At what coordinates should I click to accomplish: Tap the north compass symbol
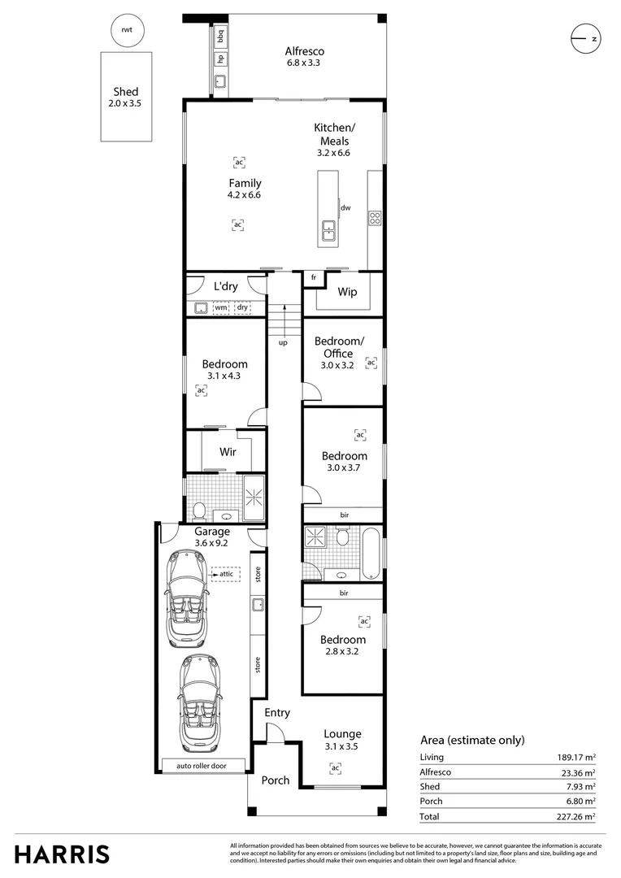pyautogui.click(x=584, y=38)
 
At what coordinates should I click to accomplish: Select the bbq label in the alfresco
pyautogui.click(x=220, y=37)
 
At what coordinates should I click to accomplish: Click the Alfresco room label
pyautogui.click(x=303, y=50)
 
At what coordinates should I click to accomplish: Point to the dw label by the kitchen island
pyautogui.click(x=345, y=208)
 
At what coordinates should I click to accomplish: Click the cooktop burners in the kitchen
pyautogui.click(x=376, y=217)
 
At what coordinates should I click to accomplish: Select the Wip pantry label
pyautogui.click(x=348, y=291)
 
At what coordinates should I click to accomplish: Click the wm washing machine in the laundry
pyautogui.click(x=221, y=308)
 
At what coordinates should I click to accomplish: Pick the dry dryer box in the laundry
pyautogui.click(x=242, y=308)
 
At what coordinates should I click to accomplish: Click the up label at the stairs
pyautogui.click(x=283, y=342)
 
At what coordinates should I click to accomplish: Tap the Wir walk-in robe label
pyautogui.click(x=228, y=451)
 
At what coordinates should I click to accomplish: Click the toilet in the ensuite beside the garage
pyautogui.click(x=198, y=511)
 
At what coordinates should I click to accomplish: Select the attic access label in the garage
pyautogui.click(x=224, y=574)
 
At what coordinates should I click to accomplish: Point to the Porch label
pyautogui.click(x=275, y=780)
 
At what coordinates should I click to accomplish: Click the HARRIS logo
pyautogui.click(x=62, y=854)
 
